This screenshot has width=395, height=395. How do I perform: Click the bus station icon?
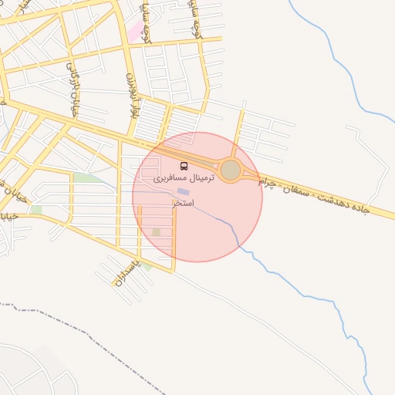coord(184,166)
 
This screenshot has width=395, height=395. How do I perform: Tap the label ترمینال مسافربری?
coord(184,177)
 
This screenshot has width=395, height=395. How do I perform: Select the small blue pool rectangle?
coord(182,191)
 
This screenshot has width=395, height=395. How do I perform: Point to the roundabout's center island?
coord(231,170)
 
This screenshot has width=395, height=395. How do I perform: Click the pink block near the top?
coord(137,31)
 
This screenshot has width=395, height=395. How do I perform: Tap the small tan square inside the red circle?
coord(157,231)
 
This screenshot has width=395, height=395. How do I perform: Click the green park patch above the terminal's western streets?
coord(83,178)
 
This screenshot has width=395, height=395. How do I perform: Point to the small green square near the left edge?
coord(36,210)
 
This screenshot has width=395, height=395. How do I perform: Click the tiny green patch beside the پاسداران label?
coord(146,266)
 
